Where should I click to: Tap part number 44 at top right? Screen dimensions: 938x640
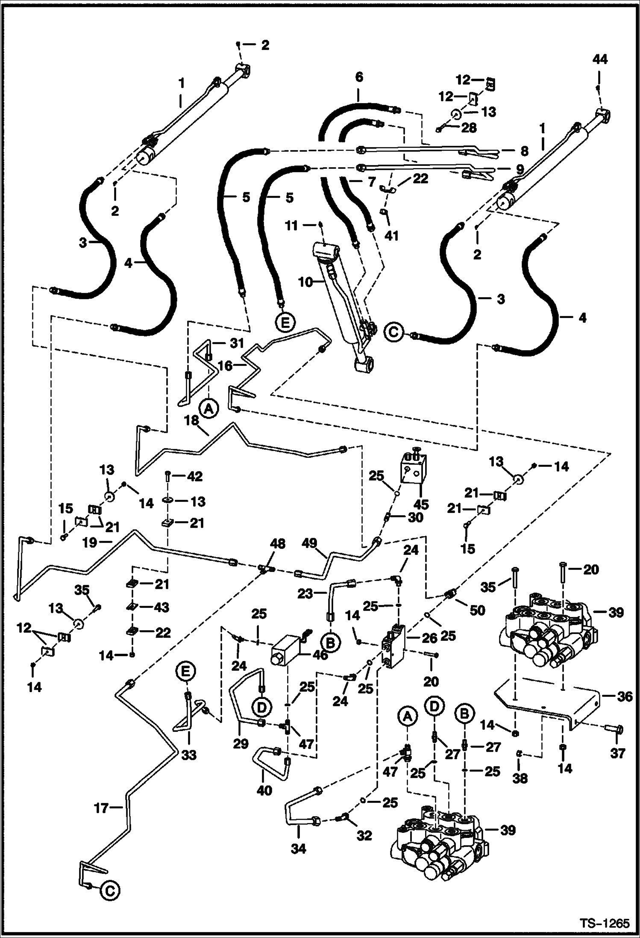(599, 59)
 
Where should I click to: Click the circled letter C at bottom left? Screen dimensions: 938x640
(110, 890)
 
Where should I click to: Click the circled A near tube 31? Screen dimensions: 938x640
(208, 408)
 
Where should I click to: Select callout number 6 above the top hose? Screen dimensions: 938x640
(359, 77)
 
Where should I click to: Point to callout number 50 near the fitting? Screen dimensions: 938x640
(477, 610)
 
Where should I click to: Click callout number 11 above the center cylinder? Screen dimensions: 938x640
(291, 225)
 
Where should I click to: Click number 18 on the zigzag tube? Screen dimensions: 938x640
(192, 421)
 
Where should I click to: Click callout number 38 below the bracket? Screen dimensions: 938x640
(520, 778)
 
